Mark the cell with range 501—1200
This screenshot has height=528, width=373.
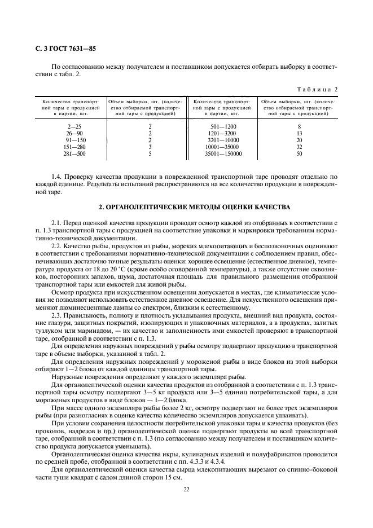pos(223,126)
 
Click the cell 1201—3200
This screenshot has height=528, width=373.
pos(223,133)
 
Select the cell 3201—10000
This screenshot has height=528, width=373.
pos(223,140)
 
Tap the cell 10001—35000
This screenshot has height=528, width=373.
pos(223,147)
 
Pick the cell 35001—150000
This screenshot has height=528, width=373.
pos(223,153)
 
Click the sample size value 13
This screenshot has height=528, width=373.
pos(300,133)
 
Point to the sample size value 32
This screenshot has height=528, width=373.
pos(300,147)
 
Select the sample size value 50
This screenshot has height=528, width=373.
pos(300,153)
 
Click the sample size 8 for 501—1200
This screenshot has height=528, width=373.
pos(300,126)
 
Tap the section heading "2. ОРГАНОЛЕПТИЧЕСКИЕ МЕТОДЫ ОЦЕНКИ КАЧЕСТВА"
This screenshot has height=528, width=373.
pos(186,208)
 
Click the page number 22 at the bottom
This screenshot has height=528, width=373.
pos(186,489)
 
